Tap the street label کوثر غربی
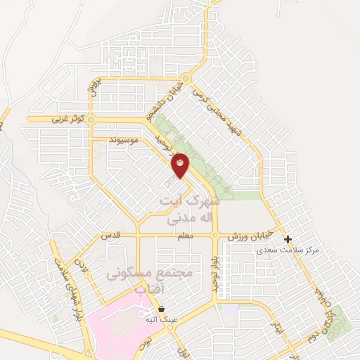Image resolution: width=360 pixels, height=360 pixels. pyautogui.click(x=53, y=120)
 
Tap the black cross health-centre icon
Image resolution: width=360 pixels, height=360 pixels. pyautogui.click(x=288, y=239)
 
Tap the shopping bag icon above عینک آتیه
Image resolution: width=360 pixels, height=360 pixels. pyautogui.click(x=162, y=308)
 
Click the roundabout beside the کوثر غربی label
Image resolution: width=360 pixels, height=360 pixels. pyautogui.click(x=90, y=120)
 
